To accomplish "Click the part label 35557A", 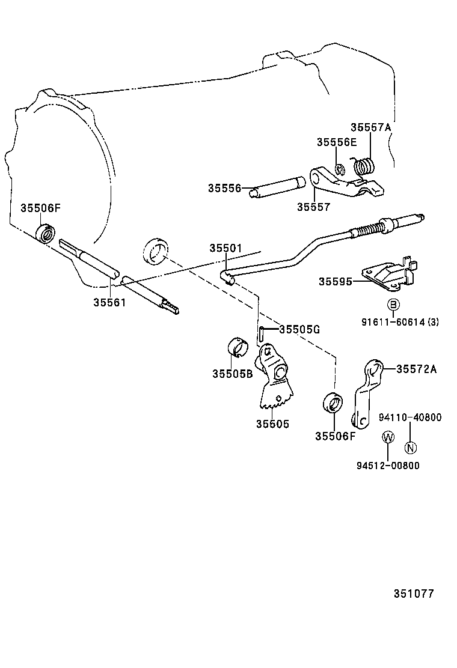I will pyautogui.click(x=370, y=127).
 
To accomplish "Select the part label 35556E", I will pyautogui.click(x=337, y=142).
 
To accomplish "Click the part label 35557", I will pyautogui.click(x=313, y=207).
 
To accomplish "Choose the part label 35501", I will pyautogui.click(x=225, y=248).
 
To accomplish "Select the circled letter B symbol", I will pyautogui.click(x=392, y=305).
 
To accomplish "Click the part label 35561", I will pyautogui.click(x=109, y=302).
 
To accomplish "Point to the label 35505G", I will pyautogui.click(x=299, y=329).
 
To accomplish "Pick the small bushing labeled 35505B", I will pyautogui.click(x=238, y=348).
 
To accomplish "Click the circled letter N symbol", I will pyautogui.click(x=409, y=447).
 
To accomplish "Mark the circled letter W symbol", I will pyautogui.click(x=388, y=437).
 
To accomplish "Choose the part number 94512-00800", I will pyautogui.click(x=388, y=465).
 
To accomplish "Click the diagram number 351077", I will pyautogui.click(x=414, y=594).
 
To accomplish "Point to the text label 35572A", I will pyautogui.click(x=416, y=369).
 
